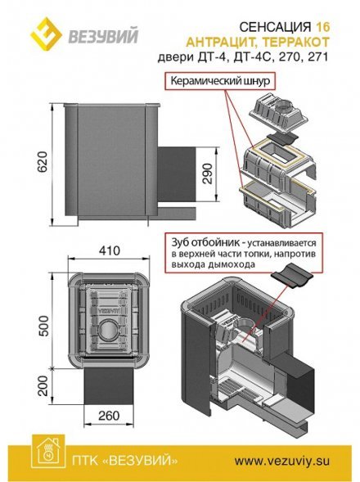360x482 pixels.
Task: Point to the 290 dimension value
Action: (208, 173)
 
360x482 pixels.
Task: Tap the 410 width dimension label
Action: (110, 250)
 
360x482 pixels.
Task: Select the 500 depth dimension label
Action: (43, 326)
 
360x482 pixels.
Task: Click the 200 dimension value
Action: (43, 385)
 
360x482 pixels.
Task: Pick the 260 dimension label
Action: (109, 416)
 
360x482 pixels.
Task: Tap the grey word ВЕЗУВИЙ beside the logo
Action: (103, 36)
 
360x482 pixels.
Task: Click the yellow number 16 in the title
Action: (323, 27)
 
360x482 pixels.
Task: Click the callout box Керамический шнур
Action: (220, 81)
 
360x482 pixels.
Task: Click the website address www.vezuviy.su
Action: (282, 461)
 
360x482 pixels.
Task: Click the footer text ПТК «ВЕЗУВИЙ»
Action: (124, 461)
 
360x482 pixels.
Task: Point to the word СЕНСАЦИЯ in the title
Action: (275, 27)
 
